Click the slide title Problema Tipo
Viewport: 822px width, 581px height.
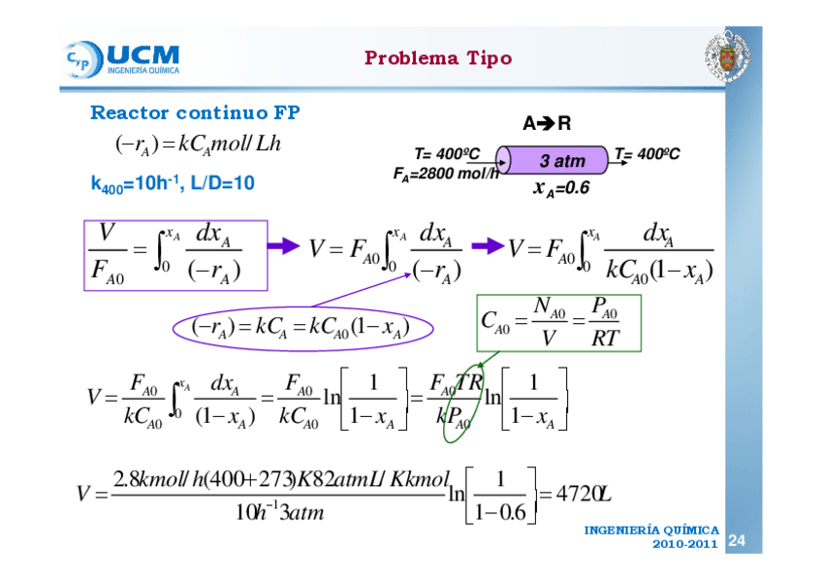click(437, 58)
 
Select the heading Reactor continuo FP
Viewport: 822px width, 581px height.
click(195, 113)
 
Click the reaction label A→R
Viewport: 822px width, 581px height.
click(547, 123)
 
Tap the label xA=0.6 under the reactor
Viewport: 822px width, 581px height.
click(561, 187)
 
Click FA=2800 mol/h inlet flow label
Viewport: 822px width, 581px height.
click(446, 175)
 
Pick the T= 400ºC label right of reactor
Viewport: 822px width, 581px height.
click(647, 154)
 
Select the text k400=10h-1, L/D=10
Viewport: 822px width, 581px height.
click(173, 181)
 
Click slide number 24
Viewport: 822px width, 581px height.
click(737, 539)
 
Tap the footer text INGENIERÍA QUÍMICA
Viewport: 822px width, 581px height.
click(651, 531)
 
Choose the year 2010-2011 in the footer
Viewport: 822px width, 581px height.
click(684, 545)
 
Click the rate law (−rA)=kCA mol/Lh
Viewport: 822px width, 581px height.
click(197, 145)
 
